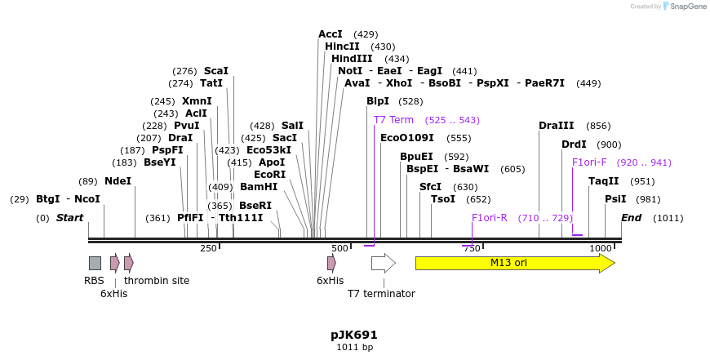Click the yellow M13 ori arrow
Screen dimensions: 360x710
[x=514, y=263]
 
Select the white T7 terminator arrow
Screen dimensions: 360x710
[x=383, y=263]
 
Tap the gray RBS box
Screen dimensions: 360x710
[x=95, y=263]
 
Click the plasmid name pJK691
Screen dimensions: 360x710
[x=354, y=335]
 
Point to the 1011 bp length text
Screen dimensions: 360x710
[x=354, y=348]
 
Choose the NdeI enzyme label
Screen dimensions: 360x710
[x=118, y=181]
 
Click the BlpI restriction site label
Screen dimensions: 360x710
[x=378, y=101]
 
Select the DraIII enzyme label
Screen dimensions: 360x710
[x=557, y=126]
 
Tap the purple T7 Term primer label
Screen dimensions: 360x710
[x=393, y=120]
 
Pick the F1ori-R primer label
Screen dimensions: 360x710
[x=490, y=218]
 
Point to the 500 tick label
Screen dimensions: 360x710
[x=340, y=248]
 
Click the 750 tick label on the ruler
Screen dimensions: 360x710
[x=473, y=248]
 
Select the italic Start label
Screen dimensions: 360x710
[x=69, y=218]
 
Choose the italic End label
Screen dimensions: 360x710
[x=631, y=218]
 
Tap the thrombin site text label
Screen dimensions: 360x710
[x=157, y=281]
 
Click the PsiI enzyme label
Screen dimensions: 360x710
[x=615, y=199]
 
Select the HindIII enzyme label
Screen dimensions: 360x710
[x=352, y=59]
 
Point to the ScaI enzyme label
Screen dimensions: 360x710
[x=216, y=71]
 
